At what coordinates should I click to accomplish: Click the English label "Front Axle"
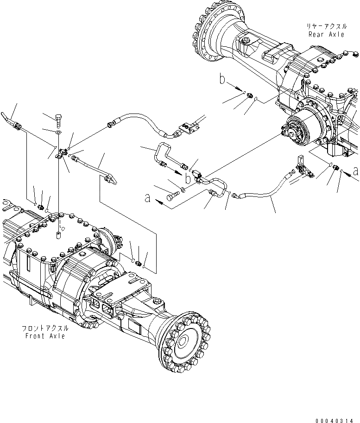(45, 335)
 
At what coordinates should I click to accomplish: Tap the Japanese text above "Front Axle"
(45, 328)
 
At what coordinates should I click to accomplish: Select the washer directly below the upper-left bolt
(57, 133)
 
